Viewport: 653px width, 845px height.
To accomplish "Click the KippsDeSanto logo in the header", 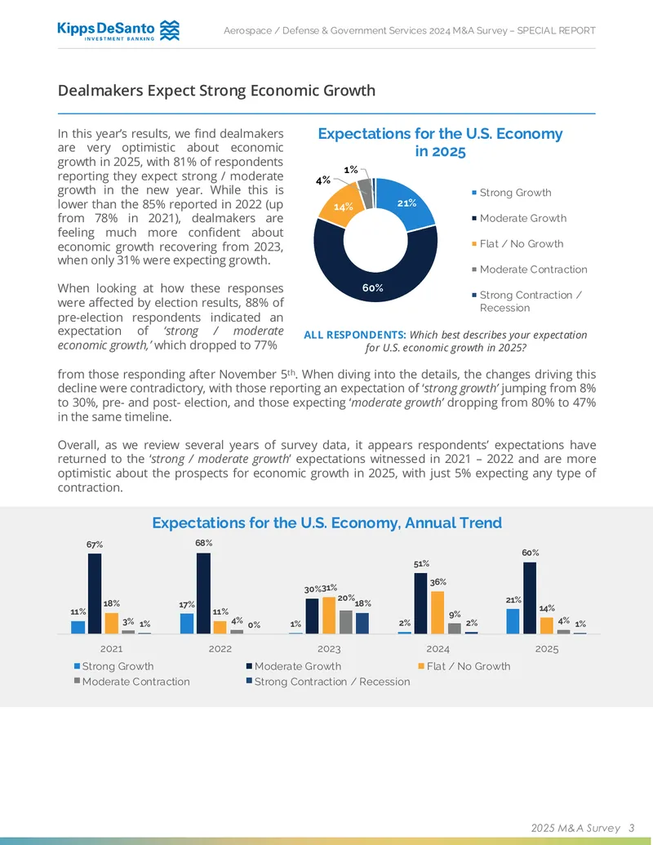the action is click(118, 31).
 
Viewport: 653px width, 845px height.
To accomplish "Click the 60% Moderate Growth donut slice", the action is click(373, 280).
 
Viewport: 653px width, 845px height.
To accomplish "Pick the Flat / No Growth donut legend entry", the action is click(518, 244).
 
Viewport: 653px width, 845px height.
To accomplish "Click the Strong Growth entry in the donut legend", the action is click(511, 193).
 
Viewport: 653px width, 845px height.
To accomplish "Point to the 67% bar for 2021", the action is click(95, 594).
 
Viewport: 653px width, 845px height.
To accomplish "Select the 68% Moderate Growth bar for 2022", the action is click(204, 594).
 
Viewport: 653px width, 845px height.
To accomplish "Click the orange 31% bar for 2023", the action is click(329, 616).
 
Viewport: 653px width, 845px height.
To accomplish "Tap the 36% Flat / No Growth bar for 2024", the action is click(438, 613).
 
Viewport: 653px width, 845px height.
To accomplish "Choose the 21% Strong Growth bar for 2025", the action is click(513, 621).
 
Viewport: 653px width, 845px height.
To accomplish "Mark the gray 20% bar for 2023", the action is click(346, 622).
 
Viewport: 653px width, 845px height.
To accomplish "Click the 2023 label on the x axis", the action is click(329, 649).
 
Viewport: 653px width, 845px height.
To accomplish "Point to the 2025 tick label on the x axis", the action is click(547, 649).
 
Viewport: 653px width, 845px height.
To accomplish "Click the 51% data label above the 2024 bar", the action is click(421, 563).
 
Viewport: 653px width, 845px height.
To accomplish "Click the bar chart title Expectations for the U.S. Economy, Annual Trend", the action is click(327, 523).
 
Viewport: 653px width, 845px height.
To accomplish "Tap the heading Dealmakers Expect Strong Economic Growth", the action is click(216, 91).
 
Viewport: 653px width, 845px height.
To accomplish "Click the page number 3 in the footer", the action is click(632, 828).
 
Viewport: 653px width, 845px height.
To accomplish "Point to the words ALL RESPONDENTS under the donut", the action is click(354, 336).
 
